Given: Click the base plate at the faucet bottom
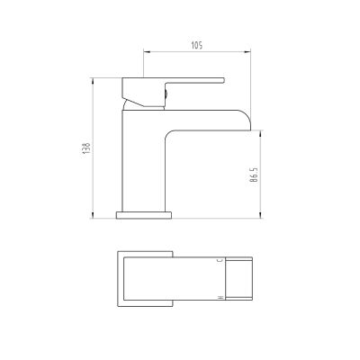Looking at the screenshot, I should [145, 214].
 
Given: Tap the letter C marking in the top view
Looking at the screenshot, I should [219, 259].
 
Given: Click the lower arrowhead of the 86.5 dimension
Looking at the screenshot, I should [262, 216].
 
